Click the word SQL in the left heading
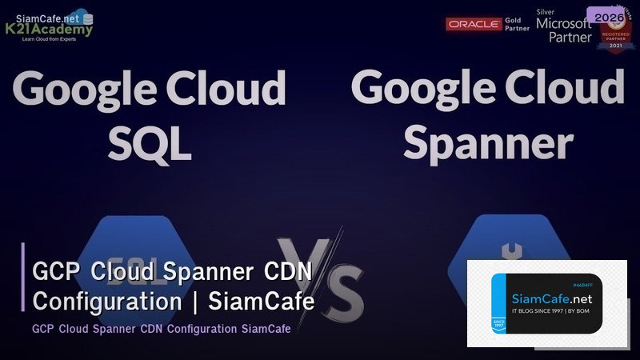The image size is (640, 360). [x=150, y=142]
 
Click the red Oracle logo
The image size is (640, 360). [x=474, y=24]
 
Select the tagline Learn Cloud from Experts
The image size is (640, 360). [x=50, y=41]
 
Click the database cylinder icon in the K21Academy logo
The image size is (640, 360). [x=87, y=18]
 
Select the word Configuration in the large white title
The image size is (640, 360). [x=107, y=302]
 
